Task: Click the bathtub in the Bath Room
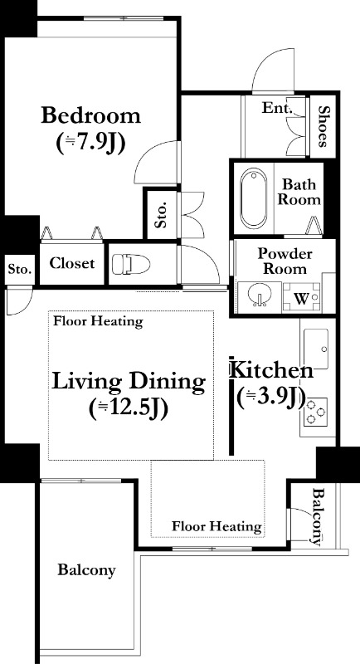click(253, 198)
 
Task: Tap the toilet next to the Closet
click(131, 264)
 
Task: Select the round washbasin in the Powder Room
click(259, 294)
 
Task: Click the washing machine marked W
click(302, 298)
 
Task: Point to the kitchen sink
click(315, 348)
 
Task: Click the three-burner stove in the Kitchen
click(315, 412)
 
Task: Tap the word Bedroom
click(91, 115)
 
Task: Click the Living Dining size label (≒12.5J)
click(129, 408)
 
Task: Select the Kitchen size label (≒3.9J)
click(271, 398)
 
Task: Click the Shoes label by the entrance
click(324, 126)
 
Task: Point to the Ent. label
click(277, 108)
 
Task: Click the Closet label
click(72, 263)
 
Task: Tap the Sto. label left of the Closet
click(20, 269)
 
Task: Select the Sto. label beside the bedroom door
click(160, 216)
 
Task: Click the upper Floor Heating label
click(98, 321)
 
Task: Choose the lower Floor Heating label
click(216, 527)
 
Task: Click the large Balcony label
click(87, 570)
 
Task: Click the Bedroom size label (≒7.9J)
click(91, 144)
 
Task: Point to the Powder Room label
click(285, 261)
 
